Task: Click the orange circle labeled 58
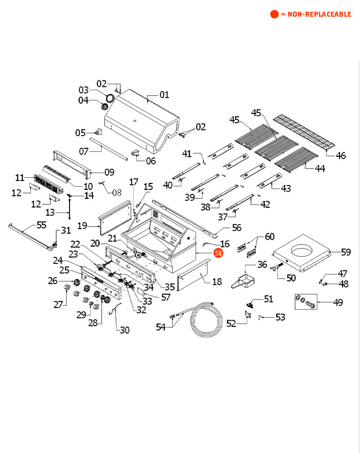click(218, 253)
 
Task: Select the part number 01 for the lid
click(164, 95)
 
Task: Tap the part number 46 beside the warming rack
click(341, 156)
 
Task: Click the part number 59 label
click(346, 252)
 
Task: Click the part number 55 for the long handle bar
click(41, 224)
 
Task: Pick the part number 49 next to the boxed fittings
click(338, 302)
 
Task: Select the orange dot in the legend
click(274, 14)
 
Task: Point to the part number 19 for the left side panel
click(82, 225)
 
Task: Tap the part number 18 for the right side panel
click(217, 282)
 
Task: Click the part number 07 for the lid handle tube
click(84, 151)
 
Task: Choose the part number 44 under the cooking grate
click(320, 168)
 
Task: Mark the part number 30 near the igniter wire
click(125, 330)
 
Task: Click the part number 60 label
click(269, 237)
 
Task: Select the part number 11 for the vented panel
click(19, 177)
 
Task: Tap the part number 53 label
click(280, 317)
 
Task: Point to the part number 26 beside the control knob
click(53, 281)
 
